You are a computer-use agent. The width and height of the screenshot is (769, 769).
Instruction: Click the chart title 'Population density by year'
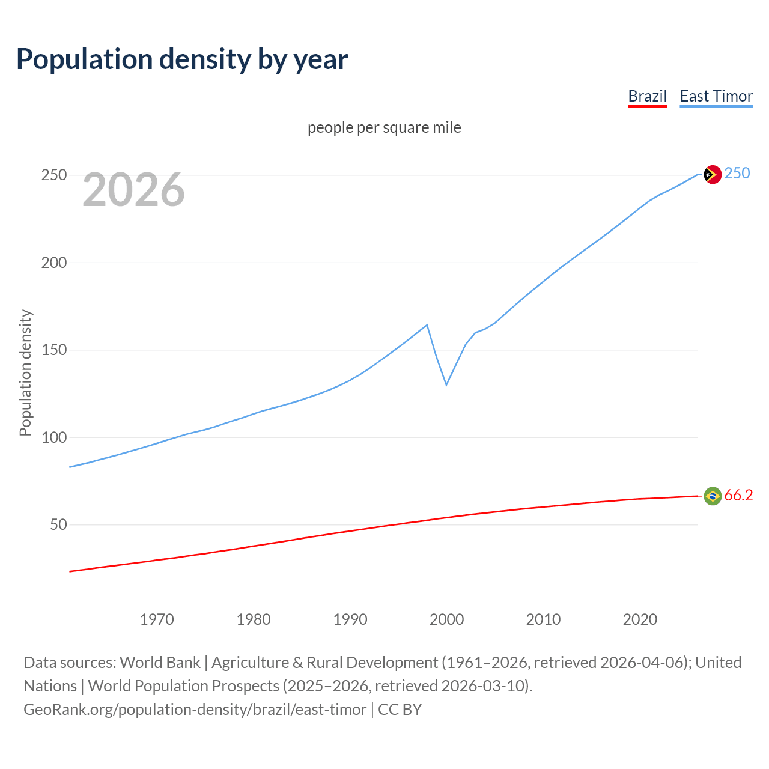[182, 59]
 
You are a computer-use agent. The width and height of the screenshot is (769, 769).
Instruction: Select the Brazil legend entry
[647, 96]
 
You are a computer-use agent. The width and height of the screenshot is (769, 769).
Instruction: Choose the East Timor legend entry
[716, 96]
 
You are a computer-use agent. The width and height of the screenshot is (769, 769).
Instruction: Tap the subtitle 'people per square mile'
[384, 127]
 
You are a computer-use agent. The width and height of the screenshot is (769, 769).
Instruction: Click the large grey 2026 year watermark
[133, 190]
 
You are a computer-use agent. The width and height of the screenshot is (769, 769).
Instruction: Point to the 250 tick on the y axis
[54, 175]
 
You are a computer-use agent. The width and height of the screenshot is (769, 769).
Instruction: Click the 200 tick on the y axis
[54, 263]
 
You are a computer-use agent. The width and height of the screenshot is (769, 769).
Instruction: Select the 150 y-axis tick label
[54, 350]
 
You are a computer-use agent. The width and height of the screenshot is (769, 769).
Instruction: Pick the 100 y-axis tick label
[54, 437]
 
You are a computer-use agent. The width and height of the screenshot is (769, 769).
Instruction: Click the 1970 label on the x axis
[157, 619]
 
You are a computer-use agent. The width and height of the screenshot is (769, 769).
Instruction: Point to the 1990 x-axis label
[350, 619]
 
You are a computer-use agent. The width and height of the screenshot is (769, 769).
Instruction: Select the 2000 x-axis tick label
[446, 619]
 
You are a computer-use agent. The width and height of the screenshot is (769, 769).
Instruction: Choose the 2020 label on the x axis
[640, 619]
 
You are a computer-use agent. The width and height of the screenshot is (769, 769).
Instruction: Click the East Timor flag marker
[713, 174]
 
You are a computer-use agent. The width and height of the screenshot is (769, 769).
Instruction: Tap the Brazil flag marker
[713, 496]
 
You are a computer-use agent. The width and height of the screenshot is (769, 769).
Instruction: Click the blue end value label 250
[737, 174]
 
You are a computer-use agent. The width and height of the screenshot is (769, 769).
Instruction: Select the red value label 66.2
[738, 495]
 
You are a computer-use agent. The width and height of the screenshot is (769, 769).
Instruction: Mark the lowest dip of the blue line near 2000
[446, 384]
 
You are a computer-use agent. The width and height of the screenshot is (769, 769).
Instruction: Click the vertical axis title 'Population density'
[25, 372]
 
